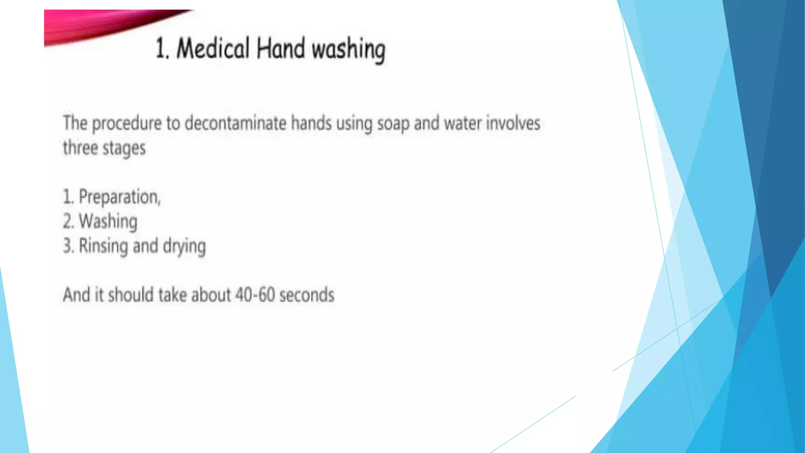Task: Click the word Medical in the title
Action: (x=213, y=49)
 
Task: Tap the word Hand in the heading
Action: (x=281, y=49)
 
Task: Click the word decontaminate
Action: (x=235, y=123)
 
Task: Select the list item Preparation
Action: (x=119, y=197)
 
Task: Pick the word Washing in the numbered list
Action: (x=108, y=221)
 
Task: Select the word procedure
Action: (x=127, y=124)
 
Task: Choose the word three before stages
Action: (x=80, y=148)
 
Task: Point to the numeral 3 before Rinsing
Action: (x=68, y=246)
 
